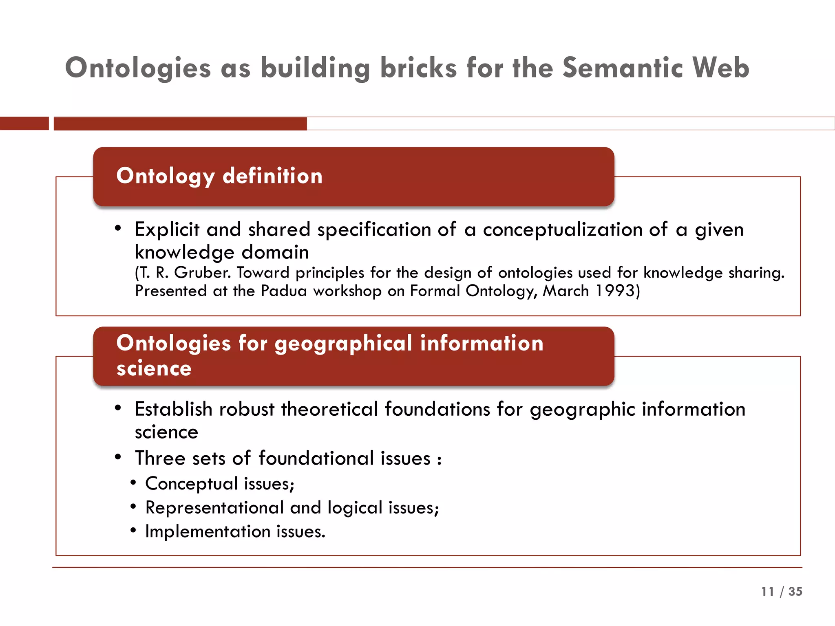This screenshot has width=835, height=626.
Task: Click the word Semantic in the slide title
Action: (623, 68)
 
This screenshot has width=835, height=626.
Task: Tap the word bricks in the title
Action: (418, 68)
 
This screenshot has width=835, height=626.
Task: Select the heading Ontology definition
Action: (219, 176)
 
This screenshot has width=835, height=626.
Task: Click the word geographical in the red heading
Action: (343, 344)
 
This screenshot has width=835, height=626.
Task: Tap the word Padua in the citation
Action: (283, 291)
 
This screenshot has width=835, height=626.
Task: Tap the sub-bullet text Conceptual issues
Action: (219, 484)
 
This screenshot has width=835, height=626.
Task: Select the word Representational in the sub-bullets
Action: (214, 508)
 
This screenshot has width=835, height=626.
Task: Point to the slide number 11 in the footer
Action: (767, 592)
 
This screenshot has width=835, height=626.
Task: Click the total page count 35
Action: (795, 592)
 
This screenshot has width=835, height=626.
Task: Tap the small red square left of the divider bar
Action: (24, 123)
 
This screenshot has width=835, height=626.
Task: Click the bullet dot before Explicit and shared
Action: (118, 228)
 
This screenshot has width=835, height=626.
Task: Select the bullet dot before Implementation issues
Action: (133, 530)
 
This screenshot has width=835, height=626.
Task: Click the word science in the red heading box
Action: (154, 368)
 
